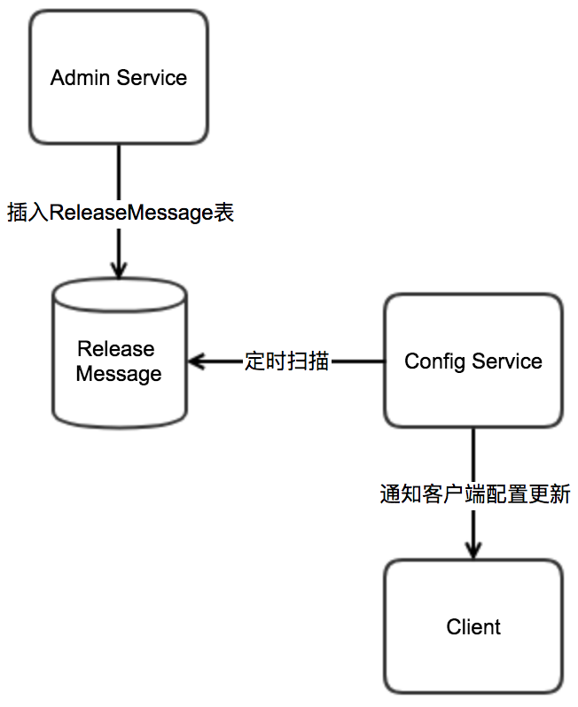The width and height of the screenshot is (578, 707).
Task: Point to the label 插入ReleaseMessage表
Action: click(x=121, y=213)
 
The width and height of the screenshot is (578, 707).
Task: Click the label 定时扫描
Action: click(x=286, y=361)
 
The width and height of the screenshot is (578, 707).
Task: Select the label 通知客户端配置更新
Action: click(x=474, y=493)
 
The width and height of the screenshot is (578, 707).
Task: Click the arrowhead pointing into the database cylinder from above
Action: click(x=119, y=269)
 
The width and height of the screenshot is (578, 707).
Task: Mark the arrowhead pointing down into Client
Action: click(x=473, y=549)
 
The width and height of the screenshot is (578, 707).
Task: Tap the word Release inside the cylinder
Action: click(x=116, y=348)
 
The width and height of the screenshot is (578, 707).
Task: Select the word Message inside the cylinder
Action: click(x=119, y=374)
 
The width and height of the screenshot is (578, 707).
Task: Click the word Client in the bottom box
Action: click(x=473, y=627)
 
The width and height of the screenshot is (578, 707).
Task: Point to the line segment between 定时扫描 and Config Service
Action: click(x=357, y=361)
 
